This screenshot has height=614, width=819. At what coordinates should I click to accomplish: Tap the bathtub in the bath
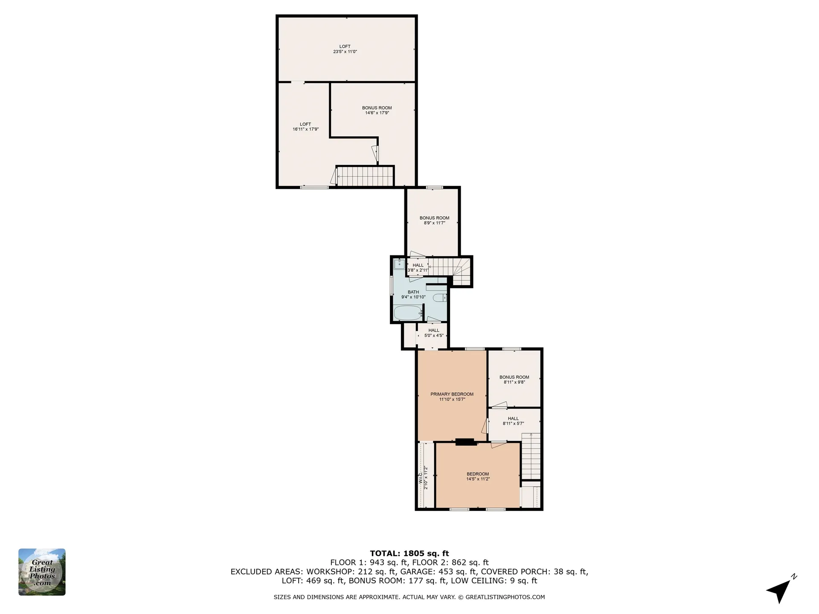point(407,313)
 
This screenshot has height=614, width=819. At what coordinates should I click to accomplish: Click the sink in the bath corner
point(399,264)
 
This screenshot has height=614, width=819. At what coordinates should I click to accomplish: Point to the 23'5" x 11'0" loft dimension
point(345,52)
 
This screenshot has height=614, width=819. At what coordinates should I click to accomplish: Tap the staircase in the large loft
point(365,176)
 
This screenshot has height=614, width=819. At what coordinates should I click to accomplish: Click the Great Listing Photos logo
point(42,572)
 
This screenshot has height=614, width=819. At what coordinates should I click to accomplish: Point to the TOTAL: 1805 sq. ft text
point(409,554)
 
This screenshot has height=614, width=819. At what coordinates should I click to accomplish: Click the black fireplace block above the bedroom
point(466,442)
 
